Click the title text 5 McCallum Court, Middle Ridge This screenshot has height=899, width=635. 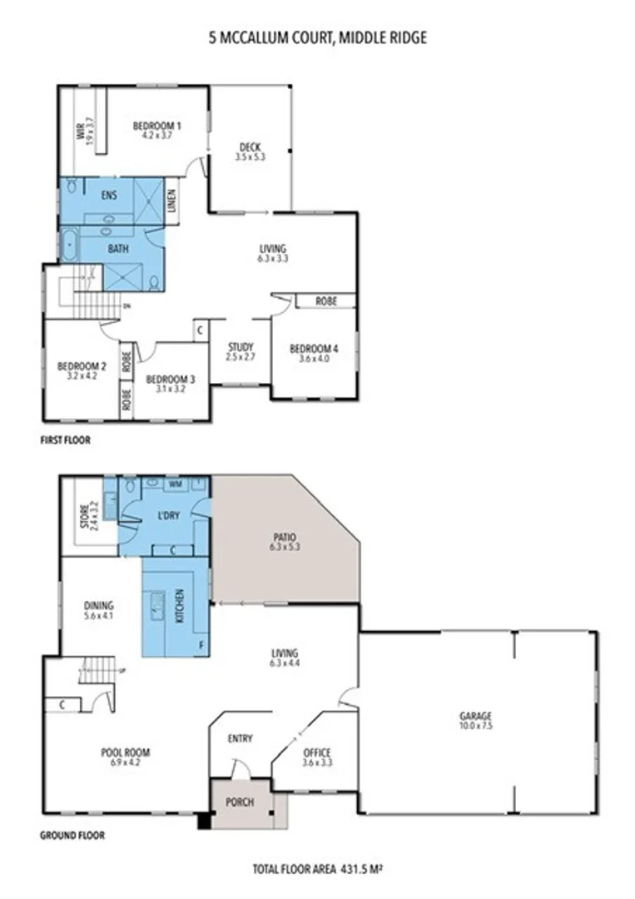coord(316,37)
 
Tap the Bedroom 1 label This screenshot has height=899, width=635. coord(157,126)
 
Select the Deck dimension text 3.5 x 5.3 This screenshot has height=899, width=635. coord(250,156)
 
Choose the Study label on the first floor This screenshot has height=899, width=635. coord(240,347)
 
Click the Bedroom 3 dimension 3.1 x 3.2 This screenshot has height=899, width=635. coord(170,389)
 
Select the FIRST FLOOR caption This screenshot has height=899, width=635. coord(65,440)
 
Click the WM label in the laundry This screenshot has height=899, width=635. coord(176,483)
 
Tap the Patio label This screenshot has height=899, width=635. coord(285,538)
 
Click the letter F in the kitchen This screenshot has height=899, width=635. coord(201,644)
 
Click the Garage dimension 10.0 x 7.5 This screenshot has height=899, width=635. coord(476,726)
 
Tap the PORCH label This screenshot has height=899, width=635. coord(240,802)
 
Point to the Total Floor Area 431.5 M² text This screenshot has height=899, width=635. coord(317,870)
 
